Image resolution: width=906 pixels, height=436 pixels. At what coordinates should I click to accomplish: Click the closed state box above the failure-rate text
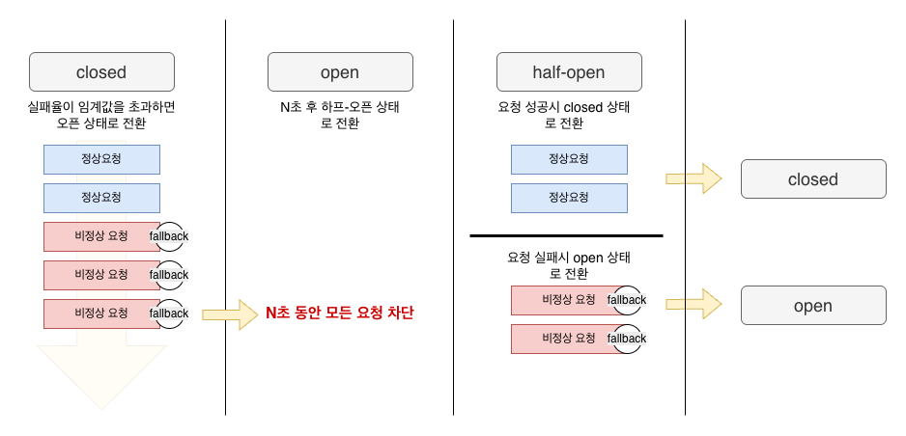(101, 72)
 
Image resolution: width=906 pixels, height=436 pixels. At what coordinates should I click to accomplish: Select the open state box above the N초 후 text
(340, 72)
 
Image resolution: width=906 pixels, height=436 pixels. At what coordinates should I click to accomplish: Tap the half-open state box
(569, 72)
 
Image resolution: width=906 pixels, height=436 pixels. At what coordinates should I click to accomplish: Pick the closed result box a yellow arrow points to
(812, 179)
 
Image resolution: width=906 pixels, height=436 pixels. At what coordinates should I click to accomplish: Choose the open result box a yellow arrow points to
(812, 306)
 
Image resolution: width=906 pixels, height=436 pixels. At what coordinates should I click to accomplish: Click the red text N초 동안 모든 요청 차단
(339, 313)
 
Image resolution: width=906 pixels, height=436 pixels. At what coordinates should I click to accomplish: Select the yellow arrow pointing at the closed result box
(694, 179)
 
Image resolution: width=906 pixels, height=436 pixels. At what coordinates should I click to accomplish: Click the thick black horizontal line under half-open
(566, 236)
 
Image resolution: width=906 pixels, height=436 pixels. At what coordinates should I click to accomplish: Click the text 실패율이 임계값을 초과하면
(101, 107)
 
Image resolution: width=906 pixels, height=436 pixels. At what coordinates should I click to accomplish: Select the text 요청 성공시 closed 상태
(569, 107)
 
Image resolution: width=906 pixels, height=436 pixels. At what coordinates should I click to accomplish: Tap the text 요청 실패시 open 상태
(569, 258)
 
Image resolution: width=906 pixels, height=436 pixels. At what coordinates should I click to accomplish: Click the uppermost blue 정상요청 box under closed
(101, 159)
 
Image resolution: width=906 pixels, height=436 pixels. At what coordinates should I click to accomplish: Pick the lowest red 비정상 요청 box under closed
(97, 313)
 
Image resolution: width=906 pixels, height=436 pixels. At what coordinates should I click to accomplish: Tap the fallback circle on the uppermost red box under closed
(170, 236)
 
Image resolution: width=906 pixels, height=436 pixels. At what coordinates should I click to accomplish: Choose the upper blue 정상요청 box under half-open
(569, 159)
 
